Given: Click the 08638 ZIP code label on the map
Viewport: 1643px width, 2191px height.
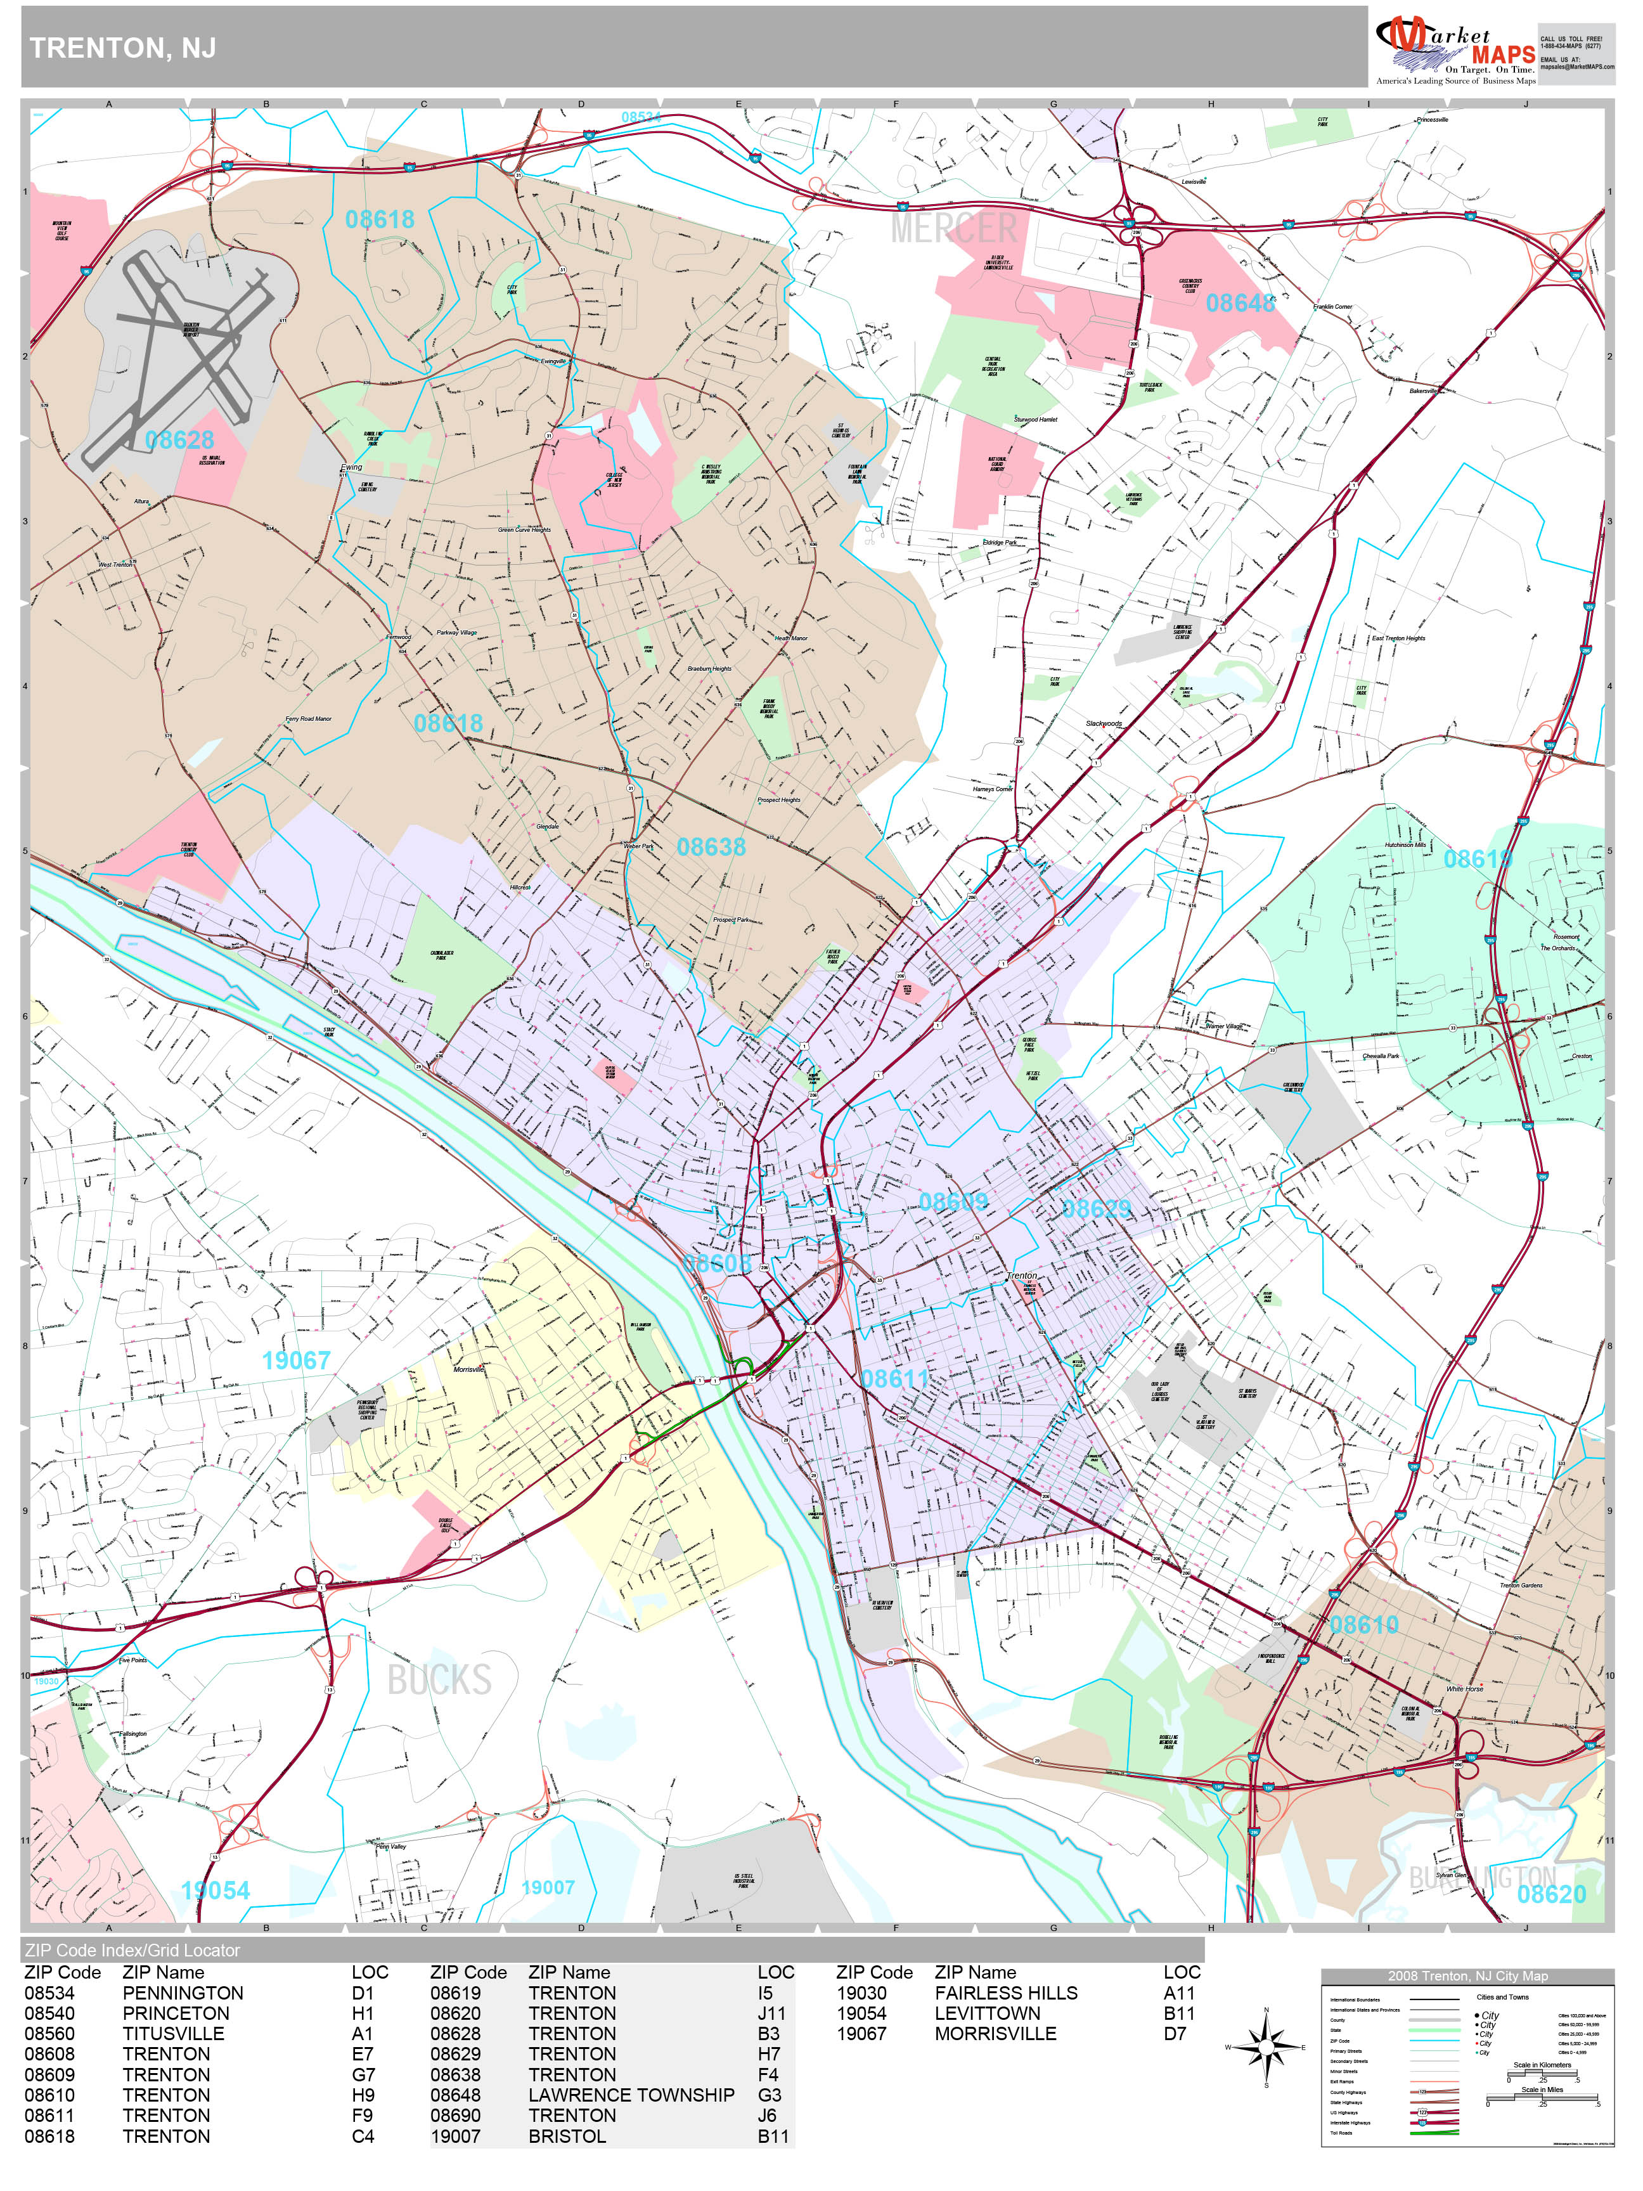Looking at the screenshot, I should pos(711,847).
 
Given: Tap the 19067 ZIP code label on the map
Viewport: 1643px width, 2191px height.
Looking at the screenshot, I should pos(296,1360).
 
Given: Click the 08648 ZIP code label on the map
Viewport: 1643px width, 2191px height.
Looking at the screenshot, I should pos(1240,303).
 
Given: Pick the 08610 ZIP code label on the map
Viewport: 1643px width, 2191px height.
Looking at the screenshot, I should pos(1363,1624).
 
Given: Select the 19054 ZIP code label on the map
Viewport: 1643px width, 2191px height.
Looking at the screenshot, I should pos(215,1890).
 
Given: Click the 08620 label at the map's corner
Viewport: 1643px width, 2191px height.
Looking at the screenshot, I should pos(1551,1894).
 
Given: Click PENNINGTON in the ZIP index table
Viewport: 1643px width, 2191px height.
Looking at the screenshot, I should pos(182,1993).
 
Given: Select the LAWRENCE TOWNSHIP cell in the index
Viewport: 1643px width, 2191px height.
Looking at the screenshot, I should pos(631,2095).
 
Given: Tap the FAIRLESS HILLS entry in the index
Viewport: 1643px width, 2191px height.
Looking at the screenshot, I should pos(1005,1993).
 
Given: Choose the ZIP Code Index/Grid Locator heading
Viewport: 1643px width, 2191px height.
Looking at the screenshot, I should pos(132,1950).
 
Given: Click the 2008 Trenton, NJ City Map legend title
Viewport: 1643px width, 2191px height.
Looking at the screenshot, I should pos(1467,1976).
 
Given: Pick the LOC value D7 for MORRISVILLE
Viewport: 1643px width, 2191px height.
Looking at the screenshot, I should pos(1175,2034).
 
